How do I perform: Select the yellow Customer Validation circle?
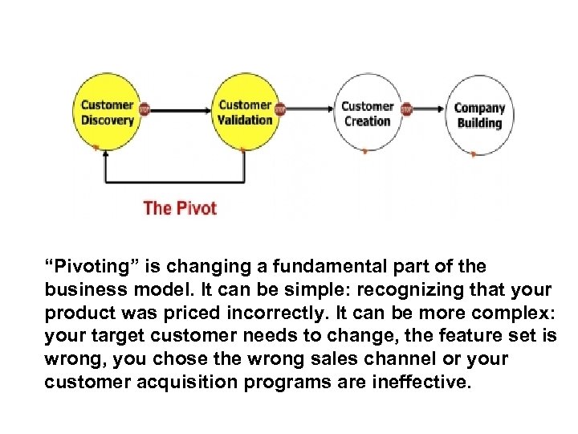245,112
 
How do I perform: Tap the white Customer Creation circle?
367,113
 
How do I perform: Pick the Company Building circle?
478,115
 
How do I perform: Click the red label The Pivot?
180,208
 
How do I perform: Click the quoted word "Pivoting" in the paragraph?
84,266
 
